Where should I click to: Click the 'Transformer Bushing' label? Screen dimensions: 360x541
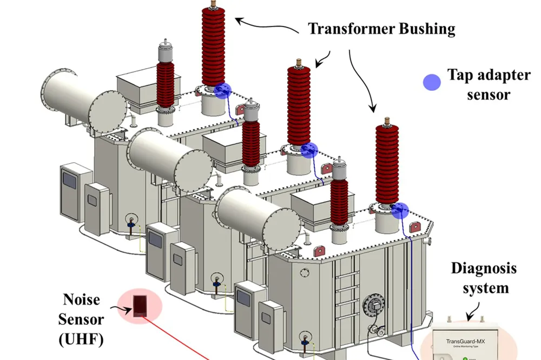pyautogui.click(x=381, y=29)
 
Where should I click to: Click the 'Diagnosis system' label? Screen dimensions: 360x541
pyautogui.click(x=484, y=278)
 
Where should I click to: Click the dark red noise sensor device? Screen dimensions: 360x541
pyautogui.click(x=140, y=305)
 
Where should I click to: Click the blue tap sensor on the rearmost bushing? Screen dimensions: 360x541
pyautogui.click(x=221, y=91)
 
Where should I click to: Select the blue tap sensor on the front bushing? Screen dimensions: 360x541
pyautogui.click(x=400, y=210)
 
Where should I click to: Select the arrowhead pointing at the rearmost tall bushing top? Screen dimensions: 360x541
pyautogui.click(x=238, y=20)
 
